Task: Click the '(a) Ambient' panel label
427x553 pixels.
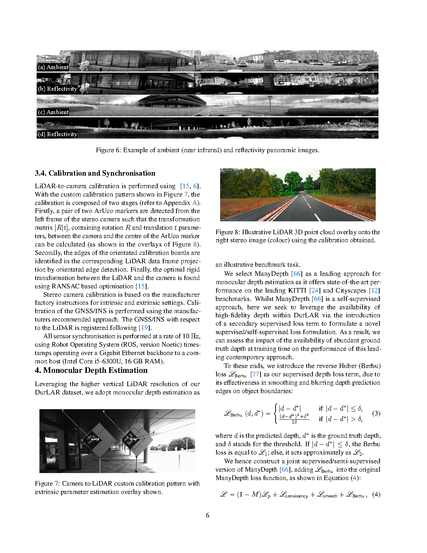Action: pos(53,67)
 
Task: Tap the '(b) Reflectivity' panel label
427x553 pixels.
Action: pos(58,89)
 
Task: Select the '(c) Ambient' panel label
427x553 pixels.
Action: pos(53,112)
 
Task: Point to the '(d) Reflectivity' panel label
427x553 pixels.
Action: pos(58,134)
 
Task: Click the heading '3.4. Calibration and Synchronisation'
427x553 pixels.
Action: pos(95,173)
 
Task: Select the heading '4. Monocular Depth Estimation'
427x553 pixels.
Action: pos(91,370)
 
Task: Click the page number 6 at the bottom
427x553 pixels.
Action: pos(208,515)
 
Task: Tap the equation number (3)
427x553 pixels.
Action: pos(376,413)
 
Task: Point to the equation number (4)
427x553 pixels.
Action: pos(376,495)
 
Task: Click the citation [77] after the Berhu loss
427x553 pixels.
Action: pos(255,374)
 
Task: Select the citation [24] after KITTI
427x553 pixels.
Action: pos(315,290)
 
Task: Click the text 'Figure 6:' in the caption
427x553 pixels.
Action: pos(108,150)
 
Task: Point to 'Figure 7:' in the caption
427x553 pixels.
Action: pos(47,484)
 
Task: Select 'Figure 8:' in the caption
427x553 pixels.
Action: pos(228,232)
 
